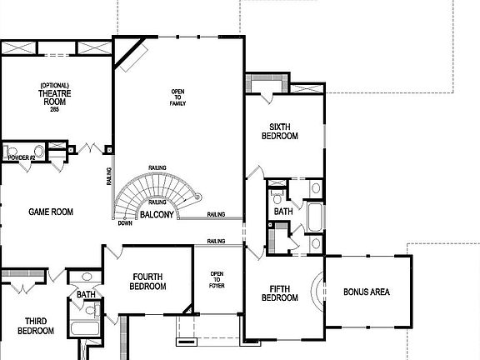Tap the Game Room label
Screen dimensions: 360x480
pyautogui.click(x=51, y=212)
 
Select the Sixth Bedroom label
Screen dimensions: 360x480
pyautogui.click(x=279, y=131)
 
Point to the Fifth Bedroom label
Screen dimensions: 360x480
pyautogui.click(x=279, y=293)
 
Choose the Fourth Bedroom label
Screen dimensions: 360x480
pyautogui.click(x=147, y=282)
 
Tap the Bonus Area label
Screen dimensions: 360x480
pyautogui.click(x=367, y=292)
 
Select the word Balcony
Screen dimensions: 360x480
pyautogui.click(x=157, y=215)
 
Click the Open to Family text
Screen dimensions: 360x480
pyautogui.click(x=177, y=97)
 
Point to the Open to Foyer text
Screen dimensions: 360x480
pyautogui.click(x=217, y=280)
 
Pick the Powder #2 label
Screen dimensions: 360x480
pyautogui.click(x=21, y=157)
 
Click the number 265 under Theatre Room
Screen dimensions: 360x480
pyautogui.click(x=54, y=110)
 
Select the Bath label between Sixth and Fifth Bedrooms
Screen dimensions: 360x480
pyautogui.click(x=284, y=212)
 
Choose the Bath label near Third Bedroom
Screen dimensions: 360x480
pyautogui.click(x=86, y=294)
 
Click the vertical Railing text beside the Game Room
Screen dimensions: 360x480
pyautogui.click(x=109, y=177)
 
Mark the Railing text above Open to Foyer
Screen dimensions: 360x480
pyautogui.click(x=216, y=242)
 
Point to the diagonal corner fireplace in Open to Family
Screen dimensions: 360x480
pyautogui.click(x=132, y=56)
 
